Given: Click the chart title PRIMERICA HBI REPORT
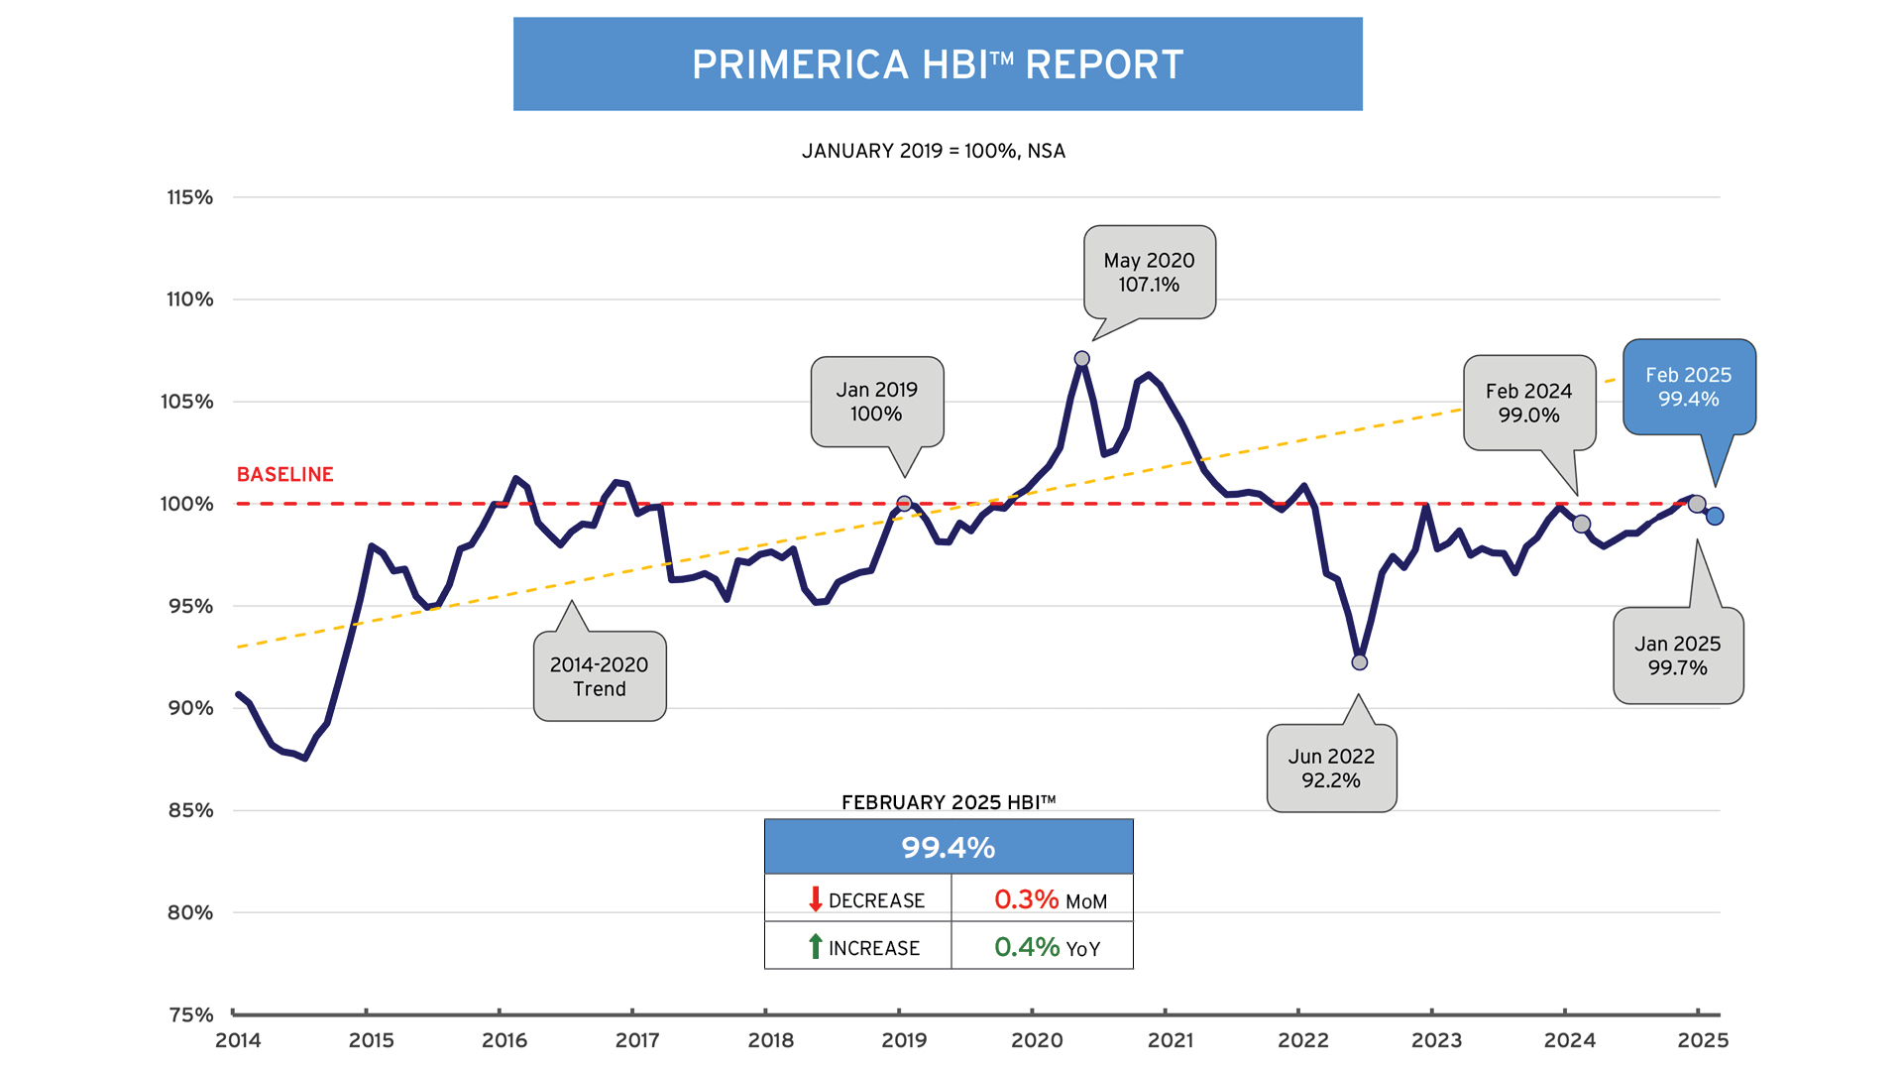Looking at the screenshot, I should point(938,64).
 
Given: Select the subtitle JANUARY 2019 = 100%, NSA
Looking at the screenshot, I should point(933,151).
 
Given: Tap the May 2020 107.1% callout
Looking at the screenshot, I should point(1149,273).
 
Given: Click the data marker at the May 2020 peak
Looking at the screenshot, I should point(1082,359).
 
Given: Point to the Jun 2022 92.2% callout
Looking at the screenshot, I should point(1331,769).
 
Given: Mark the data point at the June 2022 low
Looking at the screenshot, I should point(1360,662).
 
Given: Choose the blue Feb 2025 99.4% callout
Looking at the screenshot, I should point(1688,387).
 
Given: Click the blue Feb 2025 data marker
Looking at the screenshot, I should point(1715,516).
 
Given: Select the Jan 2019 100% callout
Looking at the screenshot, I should point(876,402).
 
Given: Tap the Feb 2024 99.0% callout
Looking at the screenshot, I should point(1528,403).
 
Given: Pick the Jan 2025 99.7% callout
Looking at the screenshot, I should point(1677,655).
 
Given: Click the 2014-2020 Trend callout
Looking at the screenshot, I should point(599,676).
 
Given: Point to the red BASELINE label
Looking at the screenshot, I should point(284,474).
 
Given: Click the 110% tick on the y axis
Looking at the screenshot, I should point(189,299).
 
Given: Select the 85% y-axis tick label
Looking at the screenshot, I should point(190,810).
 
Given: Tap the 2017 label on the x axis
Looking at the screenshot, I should point(637,1040).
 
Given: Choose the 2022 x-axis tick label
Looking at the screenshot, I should point(1302,1040).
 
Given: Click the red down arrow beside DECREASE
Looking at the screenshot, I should point(815,899).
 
